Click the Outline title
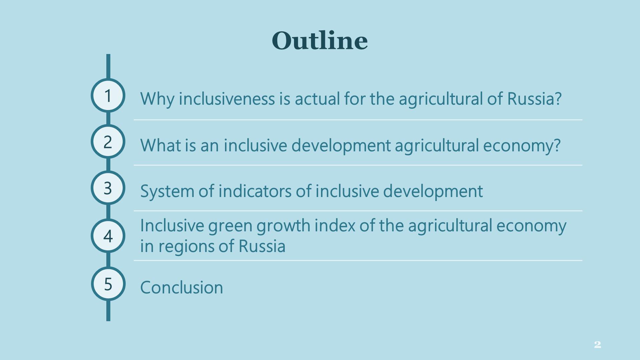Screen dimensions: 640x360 320,41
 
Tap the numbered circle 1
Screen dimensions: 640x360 108,95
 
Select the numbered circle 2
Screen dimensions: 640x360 108,142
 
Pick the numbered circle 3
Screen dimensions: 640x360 108,188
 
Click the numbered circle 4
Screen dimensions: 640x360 108,236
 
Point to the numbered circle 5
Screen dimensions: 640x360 108,284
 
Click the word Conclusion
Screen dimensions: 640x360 182,287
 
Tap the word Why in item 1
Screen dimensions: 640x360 157,99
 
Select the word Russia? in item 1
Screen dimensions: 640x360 534,99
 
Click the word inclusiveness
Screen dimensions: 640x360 227,99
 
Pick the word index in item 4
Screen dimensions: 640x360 335,225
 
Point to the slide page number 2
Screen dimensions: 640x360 597,345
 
